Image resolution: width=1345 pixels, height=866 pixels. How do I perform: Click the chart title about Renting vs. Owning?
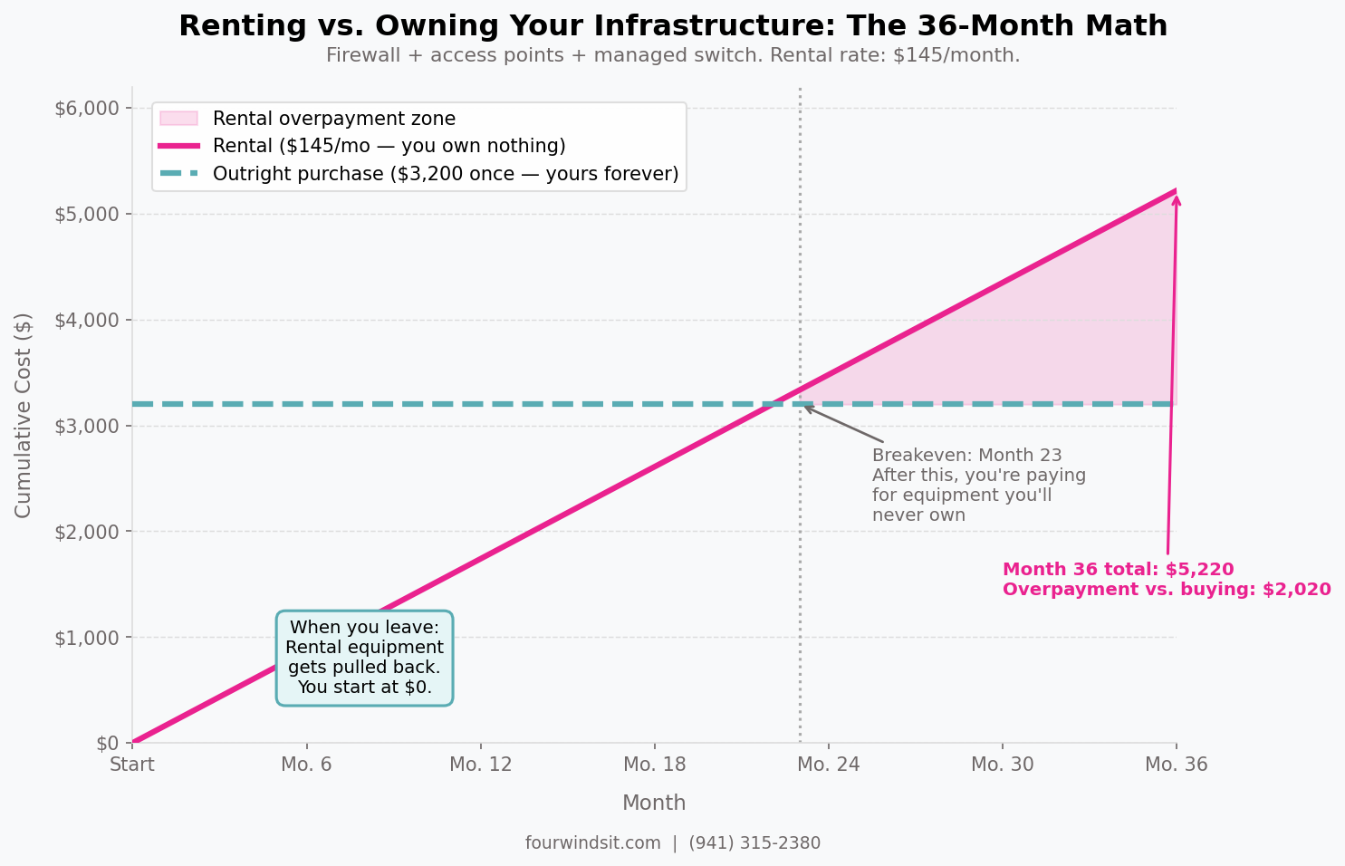(x=672, y=26)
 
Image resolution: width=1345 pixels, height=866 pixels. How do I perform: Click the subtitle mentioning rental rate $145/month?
(x=672, y=56)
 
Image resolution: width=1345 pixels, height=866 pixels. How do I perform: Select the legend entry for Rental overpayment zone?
(x=333, y=119)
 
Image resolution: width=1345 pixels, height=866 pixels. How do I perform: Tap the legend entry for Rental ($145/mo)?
(x=389, y=146)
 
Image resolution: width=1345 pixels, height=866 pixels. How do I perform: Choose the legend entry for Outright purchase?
(x=445, y=174)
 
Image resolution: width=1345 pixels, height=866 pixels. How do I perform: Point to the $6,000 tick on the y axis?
(x=87, y=109)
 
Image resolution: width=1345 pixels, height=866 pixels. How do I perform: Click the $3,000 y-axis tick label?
(x=87, y=426)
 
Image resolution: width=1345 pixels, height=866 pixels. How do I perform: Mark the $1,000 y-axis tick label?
(x=87, y=638)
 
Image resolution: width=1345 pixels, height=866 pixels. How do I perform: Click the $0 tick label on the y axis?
(x=107, y=744)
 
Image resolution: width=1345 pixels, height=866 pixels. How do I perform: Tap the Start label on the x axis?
(x=132, y=765)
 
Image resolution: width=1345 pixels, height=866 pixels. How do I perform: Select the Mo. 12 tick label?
(x=480, y=765)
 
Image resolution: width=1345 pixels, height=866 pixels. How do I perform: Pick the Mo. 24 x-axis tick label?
(x=828, y=765)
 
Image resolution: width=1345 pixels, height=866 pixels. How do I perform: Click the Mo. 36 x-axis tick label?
(x=1176, y=765)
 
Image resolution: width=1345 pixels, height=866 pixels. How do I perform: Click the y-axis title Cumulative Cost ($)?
(x=24, y=415)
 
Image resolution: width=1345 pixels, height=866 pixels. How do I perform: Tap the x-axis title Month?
(x=653, y=803)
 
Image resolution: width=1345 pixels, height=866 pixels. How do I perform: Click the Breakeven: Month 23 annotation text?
(x=966, y=456)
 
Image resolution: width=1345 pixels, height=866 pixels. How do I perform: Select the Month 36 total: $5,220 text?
(x=1118, y=570)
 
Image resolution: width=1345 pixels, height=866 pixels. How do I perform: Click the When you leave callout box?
(x=364, y=658)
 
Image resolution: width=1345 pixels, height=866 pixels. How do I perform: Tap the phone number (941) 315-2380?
(x=754, y=843)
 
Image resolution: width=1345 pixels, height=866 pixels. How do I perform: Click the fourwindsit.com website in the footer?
(x=592, y=843)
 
